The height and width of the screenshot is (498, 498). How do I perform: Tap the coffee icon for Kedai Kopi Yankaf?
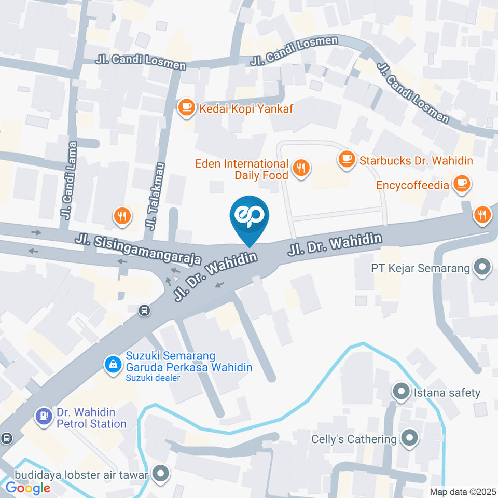[x=186, y=107]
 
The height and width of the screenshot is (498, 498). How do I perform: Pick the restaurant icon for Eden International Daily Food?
[x=300, y=168]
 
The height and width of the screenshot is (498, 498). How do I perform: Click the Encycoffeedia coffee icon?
[x=461, y=183]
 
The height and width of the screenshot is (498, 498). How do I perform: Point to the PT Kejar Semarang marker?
[x=483, y=268]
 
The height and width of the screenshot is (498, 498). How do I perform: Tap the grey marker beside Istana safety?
[x=401, y=392]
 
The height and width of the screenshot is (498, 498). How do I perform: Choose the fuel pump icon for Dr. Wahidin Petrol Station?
[x=43, y=416]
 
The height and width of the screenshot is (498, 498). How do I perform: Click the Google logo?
[x=27, y=488]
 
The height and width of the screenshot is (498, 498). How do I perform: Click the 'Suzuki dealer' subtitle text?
[x=153, y=378]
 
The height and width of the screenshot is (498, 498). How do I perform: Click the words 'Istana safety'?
[x=447, y=393]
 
